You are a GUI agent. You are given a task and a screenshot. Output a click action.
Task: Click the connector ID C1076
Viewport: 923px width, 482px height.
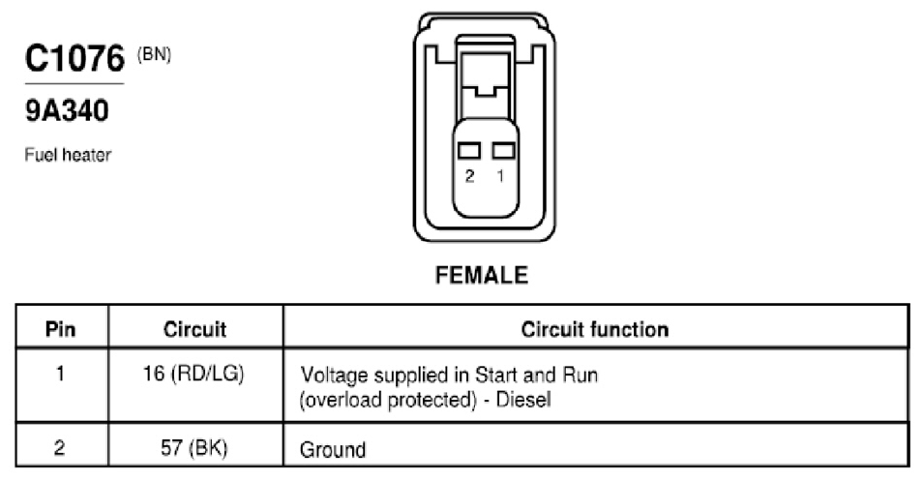[74, 58]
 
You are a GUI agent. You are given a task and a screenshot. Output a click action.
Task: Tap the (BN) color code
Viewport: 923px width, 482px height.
[154, 55]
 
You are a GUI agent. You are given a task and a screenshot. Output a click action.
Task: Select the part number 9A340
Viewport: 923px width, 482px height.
[67, 110]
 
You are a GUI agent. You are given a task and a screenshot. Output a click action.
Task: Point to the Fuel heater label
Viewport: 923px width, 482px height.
[68, 155]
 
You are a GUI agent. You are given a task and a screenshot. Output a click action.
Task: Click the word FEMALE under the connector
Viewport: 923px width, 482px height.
[482, 276]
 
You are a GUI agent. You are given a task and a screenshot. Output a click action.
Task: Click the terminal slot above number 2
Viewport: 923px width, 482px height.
[469, 151]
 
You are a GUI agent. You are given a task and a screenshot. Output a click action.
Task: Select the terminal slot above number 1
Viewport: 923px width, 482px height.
[503, 151]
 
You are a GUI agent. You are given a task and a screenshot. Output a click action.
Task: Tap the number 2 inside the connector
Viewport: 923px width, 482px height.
[470, 176]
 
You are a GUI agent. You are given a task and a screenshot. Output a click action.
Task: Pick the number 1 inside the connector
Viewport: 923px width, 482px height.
[500, 176]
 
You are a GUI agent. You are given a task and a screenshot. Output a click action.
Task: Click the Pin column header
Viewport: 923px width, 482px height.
[61, 329]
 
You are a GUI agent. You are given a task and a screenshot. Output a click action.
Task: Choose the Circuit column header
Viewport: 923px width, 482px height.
[194, 329]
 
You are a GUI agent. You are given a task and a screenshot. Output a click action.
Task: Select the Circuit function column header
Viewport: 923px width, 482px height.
[595, 329]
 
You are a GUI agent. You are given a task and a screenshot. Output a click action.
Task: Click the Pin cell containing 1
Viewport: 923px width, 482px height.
[60, 374]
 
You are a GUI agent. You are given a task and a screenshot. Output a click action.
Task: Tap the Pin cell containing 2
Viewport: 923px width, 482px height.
[59, 448]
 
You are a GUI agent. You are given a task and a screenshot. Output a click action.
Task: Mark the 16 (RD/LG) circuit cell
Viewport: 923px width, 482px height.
[194, 375]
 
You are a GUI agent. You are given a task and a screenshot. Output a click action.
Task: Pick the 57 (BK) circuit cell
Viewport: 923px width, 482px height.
[194, 448]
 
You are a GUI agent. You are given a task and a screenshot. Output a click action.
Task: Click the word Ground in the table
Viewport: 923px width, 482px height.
[333, 450]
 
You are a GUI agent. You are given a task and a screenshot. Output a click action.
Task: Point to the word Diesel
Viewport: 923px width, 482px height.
[523, 400]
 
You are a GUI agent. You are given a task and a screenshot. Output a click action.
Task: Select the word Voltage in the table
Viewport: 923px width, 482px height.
[335, 376]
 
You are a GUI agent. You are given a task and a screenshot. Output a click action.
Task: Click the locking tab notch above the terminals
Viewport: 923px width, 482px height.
[485, 91]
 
